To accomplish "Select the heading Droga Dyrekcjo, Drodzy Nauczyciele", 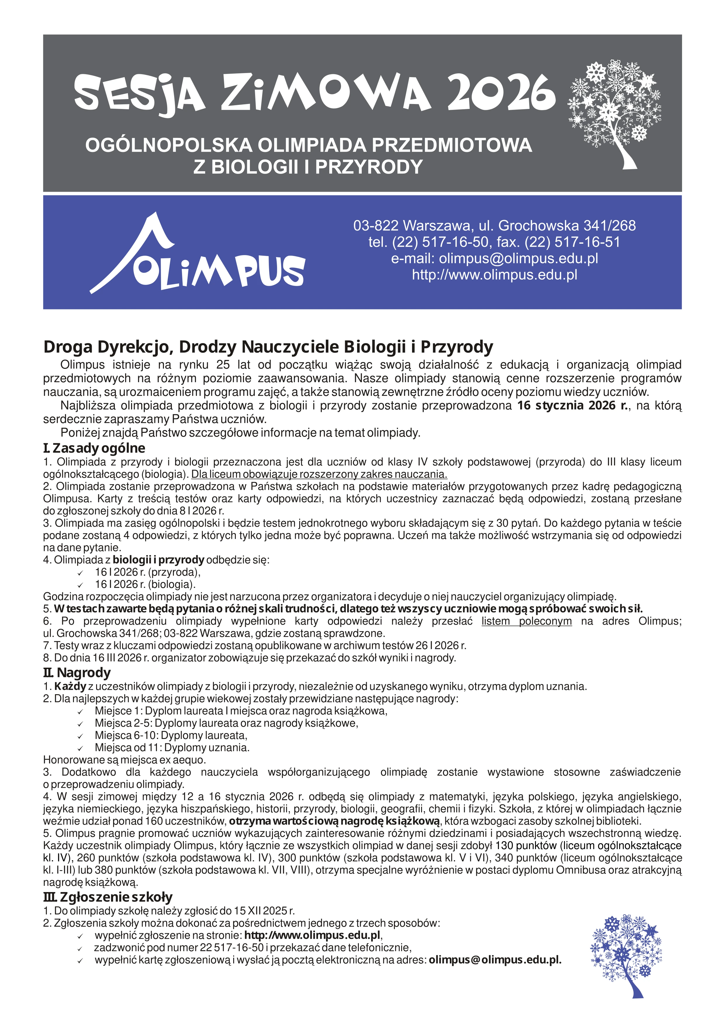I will click(268, 347).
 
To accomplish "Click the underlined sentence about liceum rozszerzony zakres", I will click(319, 474).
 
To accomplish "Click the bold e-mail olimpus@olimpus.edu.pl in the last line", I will click(495, 960).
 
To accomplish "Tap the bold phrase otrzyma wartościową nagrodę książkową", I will click(335, 820).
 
